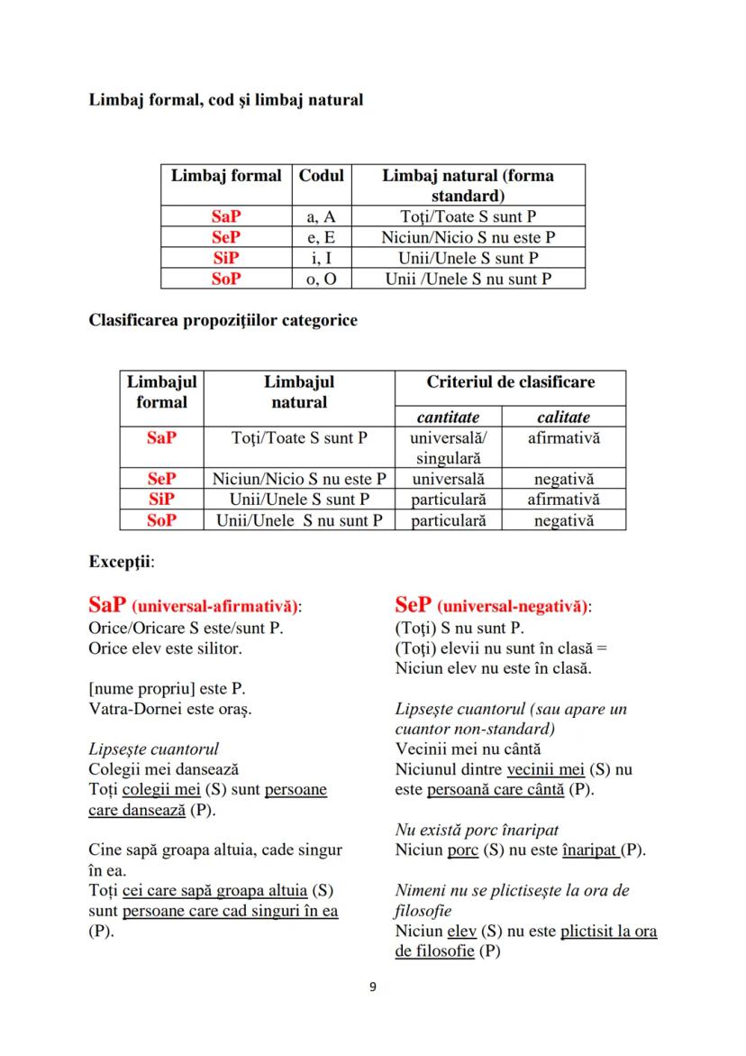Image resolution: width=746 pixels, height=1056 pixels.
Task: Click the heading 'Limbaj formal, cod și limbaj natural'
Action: (x=225, y=100)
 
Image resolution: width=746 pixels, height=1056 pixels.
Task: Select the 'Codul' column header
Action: (x=322, y=176)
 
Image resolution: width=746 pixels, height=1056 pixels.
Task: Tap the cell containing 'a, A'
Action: (x=322, y=216)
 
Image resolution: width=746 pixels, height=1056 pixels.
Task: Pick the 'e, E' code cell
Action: (x=322, y=237)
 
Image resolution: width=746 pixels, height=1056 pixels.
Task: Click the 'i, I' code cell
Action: (x=322, y=258)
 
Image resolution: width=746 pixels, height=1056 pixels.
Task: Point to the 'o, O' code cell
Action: (x=322, y=279)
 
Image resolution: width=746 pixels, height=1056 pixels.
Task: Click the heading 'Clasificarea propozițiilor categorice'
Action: (x=223, y=321)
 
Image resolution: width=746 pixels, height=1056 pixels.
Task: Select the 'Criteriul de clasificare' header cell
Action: (x=510, y=381)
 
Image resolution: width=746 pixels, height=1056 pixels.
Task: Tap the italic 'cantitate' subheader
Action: (x=447, y=417)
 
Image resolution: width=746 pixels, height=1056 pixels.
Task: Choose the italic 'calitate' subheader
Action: (x=563, y=417)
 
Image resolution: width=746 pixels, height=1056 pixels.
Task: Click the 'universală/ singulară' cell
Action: (x=447, y=447)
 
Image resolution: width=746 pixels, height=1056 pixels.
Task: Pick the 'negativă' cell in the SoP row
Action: (x=563, y=520)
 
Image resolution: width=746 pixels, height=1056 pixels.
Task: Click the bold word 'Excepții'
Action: (x=120, y=561)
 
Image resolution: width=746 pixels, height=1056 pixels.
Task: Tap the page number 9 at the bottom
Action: (x=373, y=987)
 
